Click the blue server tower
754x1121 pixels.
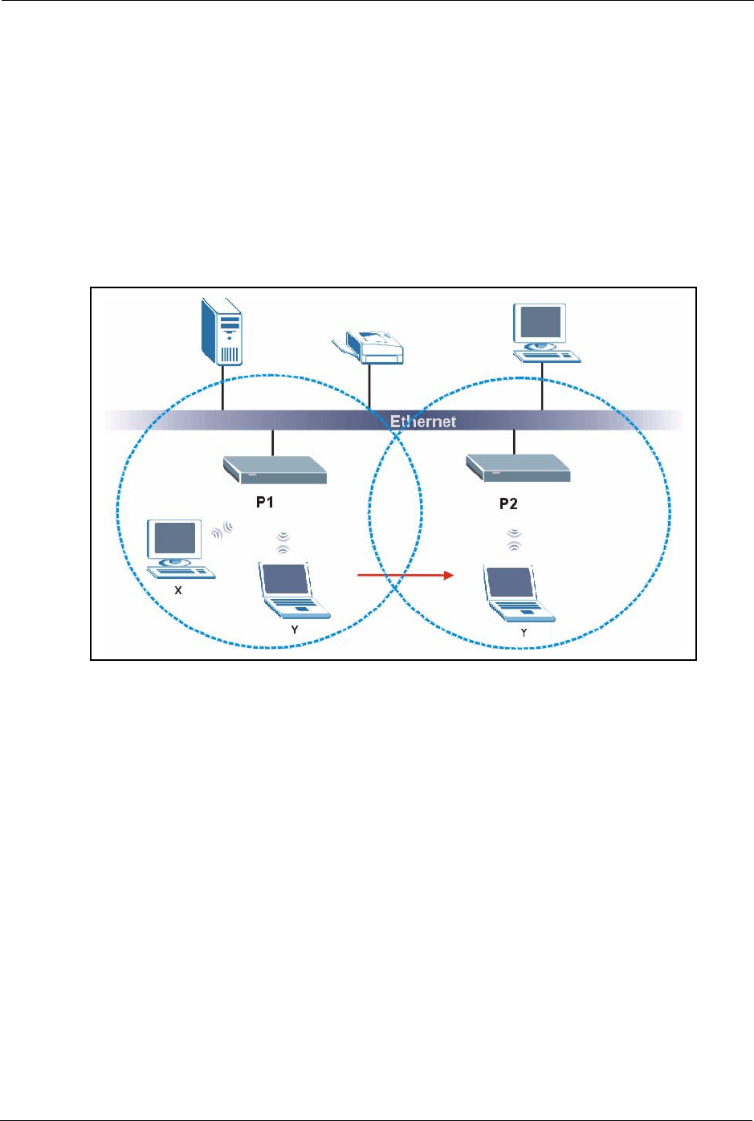tap(222, 332)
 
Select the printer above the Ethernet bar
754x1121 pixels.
tap(369, 346)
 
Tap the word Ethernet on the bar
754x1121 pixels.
tap(422, 422)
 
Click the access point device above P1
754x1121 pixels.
tap(275, 471)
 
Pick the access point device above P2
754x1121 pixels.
tap(518, 468)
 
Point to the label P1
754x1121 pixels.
tap(265, 502)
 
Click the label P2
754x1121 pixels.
tap(508, 504)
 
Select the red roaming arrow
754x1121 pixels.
tap(406, 575)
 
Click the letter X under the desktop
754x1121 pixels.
tap(178, 589)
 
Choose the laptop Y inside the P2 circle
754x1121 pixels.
tap(519, 594)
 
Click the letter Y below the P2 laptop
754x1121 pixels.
tap(524, 633)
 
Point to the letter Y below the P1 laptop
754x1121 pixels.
tap(295, 630)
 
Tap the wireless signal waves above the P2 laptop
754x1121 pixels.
tap(514, 539)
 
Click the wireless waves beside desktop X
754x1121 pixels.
tap(222, 531)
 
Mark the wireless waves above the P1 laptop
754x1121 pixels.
tap(283, 542)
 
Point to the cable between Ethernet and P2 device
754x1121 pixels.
tap(514, 442)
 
